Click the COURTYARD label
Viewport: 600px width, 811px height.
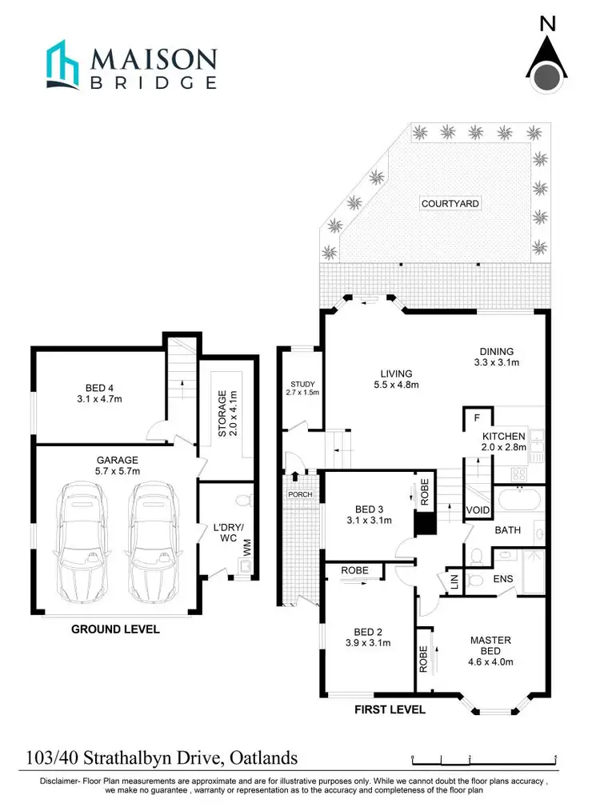[450, 203]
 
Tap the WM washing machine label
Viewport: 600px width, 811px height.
[247, 549]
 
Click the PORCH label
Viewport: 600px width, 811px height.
[300, 494]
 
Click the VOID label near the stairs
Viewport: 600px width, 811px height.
[478, 509]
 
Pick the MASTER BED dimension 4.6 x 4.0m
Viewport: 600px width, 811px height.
[490, 661]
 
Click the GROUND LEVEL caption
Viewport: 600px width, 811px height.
[115, 629]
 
